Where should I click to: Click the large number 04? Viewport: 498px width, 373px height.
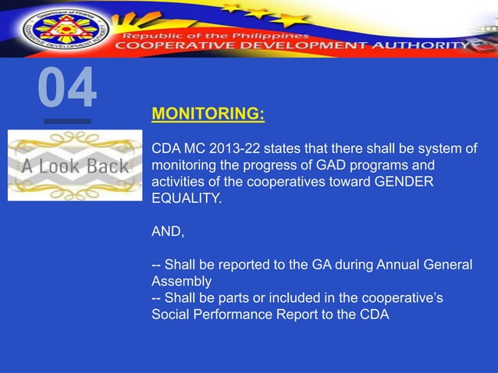(x=67, y=88)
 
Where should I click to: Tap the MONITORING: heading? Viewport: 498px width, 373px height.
(x=208, y=115)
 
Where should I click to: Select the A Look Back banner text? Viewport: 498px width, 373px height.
(x=75, y=165)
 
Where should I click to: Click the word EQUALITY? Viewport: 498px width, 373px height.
(x=185, y=199)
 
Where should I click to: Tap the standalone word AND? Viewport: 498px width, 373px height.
(x=167, y=232)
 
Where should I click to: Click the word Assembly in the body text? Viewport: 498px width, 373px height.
(x=181, y=281)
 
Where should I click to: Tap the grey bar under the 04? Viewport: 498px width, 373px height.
(x=67, y=122)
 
